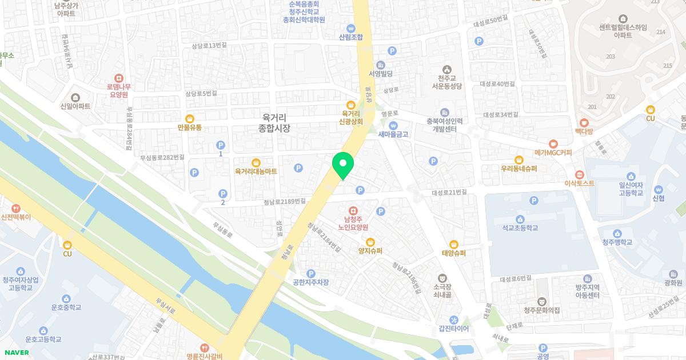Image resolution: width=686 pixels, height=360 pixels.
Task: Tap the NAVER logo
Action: [x=15, y=353]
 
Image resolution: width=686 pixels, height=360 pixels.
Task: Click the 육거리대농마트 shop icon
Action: [x=256, y=162]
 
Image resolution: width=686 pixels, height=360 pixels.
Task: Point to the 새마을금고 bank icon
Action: [x=393, y=125]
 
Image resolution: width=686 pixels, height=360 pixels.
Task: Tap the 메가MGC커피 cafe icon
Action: [x=553, y=143]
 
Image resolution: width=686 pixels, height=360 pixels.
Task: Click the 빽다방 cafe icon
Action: [x=584, y=122]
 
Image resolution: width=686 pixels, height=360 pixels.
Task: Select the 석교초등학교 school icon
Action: [x=520, y=219]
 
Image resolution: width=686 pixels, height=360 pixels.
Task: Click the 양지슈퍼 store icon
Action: [x=370, y=242]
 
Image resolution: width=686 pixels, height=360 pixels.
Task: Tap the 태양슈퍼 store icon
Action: [x=454, y=244]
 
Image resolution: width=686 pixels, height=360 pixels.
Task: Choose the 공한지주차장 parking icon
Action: [x=311, y=274]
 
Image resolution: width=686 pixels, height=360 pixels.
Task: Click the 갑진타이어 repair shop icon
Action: [x=454, y=320]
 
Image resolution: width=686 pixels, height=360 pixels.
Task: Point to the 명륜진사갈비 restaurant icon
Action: [x=204, y=347]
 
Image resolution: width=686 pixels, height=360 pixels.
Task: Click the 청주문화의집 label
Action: [x=542, y=310]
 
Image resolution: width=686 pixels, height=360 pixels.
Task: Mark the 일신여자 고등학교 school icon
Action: [x=631, y=177]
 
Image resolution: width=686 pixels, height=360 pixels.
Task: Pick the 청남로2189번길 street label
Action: [x=285, y=201]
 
